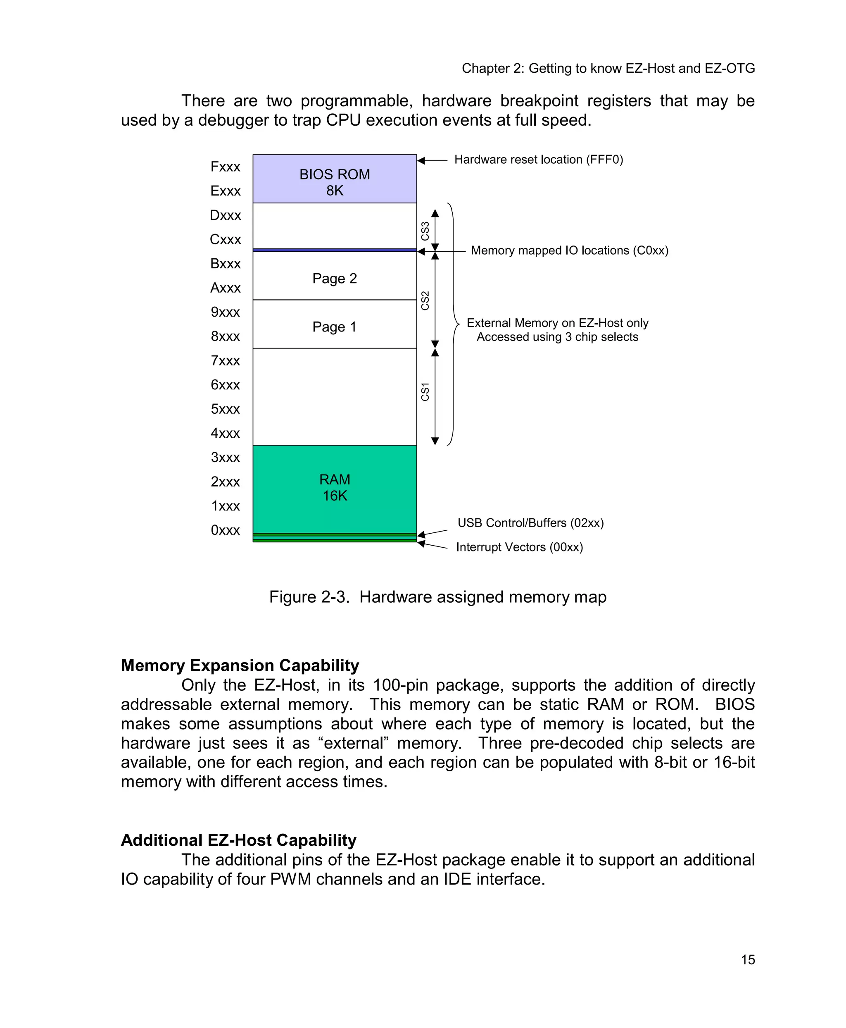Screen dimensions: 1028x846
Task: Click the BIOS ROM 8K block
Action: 334,179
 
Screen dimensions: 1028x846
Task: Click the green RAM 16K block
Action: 334,488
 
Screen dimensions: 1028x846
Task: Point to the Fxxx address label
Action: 225,167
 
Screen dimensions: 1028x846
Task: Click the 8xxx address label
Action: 225,336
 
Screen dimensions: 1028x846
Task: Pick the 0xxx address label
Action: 225,530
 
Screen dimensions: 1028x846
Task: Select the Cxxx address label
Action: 225,239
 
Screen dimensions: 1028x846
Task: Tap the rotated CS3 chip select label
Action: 425,231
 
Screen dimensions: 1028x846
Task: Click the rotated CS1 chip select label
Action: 425,391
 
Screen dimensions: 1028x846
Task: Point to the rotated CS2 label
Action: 425,301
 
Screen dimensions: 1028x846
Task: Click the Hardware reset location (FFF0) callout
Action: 539,160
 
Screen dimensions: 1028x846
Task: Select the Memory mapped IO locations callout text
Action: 569,250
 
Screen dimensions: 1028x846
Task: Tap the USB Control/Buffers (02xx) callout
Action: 530,523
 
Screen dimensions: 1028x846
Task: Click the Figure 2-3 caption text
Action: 437,597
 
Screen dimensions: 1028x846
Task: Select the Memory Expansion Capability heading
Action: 240,665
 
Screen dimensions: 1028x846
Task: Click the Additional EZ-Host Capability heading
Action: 238,840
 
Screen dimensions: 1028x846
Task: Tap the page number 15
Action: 748,960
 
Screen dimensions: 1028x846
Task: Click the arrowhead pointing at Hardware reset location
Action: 421,160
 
